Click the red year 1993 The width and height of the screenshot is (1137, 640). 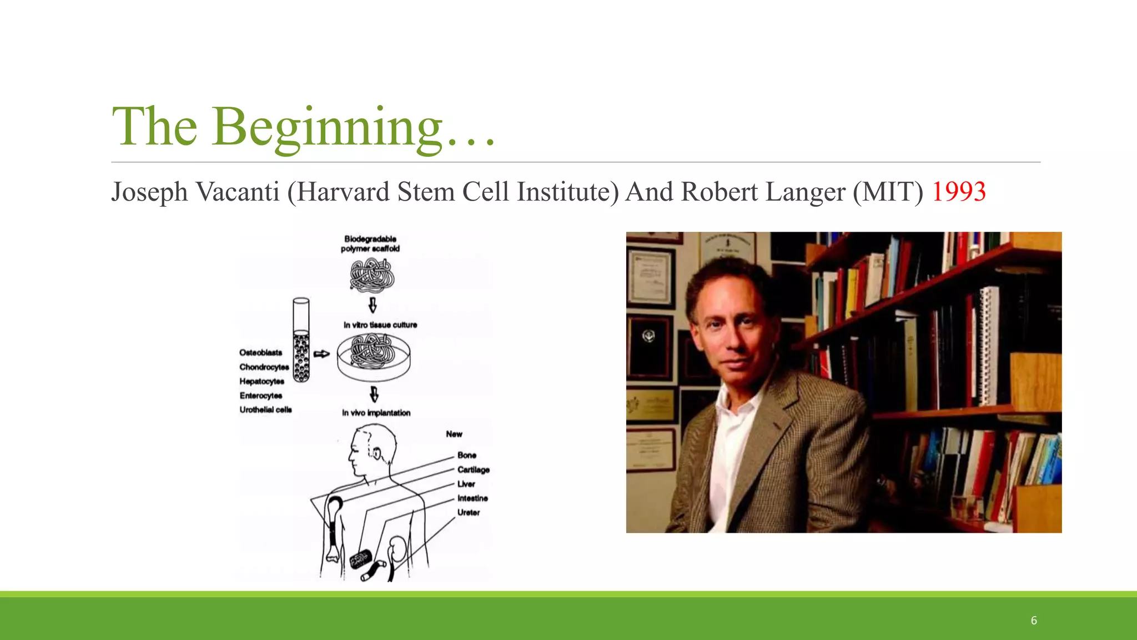(958, 192)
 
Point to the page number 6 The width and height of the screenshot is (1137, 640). (1034, 621)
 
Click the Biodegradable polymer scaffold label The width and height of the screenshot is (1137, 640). (370, 244)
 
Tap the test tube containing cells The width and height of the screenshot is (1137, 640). (301, 340)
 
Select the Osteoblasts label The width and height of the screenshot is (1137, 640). (260, 353)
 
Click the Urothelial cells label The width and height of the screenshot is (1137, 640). (265, 410)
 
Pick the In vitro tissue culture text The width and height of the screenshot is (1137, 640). (380, 325)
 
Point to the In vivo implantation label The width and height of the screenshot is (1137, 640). (376, 413)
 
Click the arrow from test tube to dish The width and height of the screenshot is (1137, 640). (321, 354)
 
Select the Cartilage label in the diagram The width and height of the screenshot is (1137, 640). (473, 470)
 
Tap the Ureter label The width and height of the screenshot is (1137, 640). (468, 513)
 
